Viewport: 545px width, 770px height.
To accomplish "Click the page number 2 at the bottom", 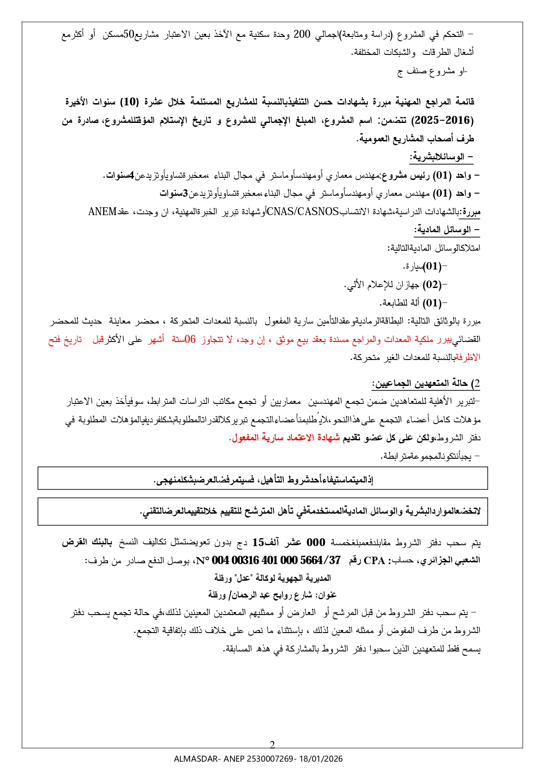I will pyautogui.click(x=272, y=745).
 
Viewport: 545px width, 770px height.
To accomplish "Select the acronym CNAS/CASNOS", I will pyautogui.click(x=303, y=212).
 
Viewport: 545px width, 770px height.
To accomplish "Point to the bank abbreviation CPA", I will pyautogui.click(x=374, y=561).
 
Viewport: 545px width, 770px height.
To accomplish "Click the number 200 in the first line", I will pyautogui.click(x=302, y=34).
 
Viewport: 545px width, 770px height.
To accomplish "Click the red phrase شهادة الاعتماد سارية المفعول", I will pyautogui.click(x=285, y=438).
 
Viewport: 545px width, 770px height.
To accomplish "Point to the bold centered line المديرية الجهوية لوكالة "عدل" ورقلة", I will pyautogui.click(x=272, y=578).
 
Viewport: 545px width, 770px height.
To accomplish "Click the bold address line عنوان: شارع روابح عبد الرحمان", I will pyautogui.click(x=272, y=595).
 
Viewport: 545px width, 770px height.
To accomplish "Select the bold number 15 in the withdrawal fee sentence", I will pyautogui.click(x=258, y=543).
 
